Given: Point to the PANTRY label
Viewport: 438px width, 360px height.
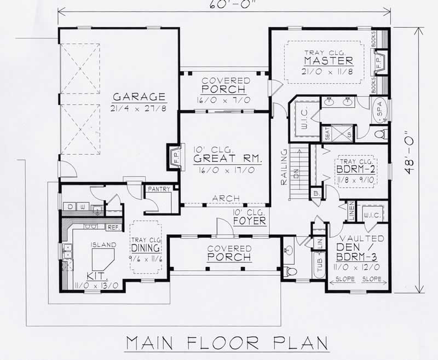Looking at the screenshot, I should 158,189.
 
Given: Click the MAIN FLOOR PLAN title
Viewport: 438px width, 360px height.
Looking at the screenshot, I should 226,343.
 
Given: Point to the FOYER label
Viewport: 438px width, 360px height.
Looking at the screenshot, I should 249,222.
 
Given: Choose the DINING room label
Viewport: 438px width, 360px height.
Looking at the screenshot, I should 145,247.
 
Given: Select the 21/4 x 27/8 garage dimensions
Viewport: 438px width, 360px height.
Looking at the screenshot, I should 139,108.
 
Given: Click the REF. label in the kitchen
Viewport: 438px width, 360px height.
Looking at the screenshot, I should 113,227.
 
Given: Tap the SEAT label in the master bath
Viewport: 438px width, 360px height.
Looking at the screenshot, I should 327,135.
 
